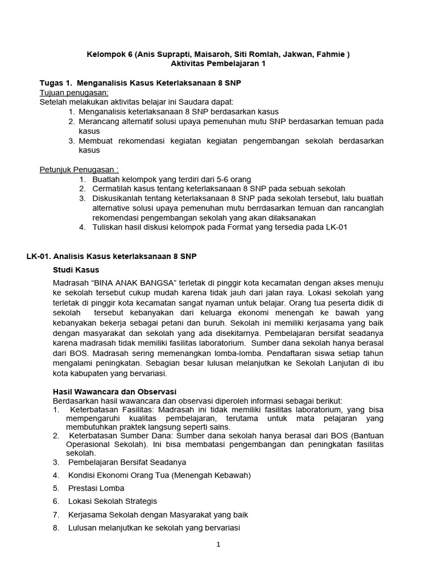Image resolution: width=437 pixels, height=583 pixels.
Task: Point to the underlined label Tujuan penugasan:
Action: click(73, 92)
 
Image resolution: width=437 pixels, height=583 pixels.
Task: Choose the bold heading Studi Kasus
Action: click(76, 269)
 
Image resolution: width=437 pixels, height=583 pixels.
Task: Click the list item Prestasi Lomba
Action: click(96, 488)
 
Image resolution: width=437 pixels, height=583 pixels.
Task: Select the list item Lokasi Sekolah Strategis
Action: click(113, 502)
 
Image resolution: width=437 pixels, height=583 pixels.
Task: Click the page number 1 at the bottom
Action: click(218, 544)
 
